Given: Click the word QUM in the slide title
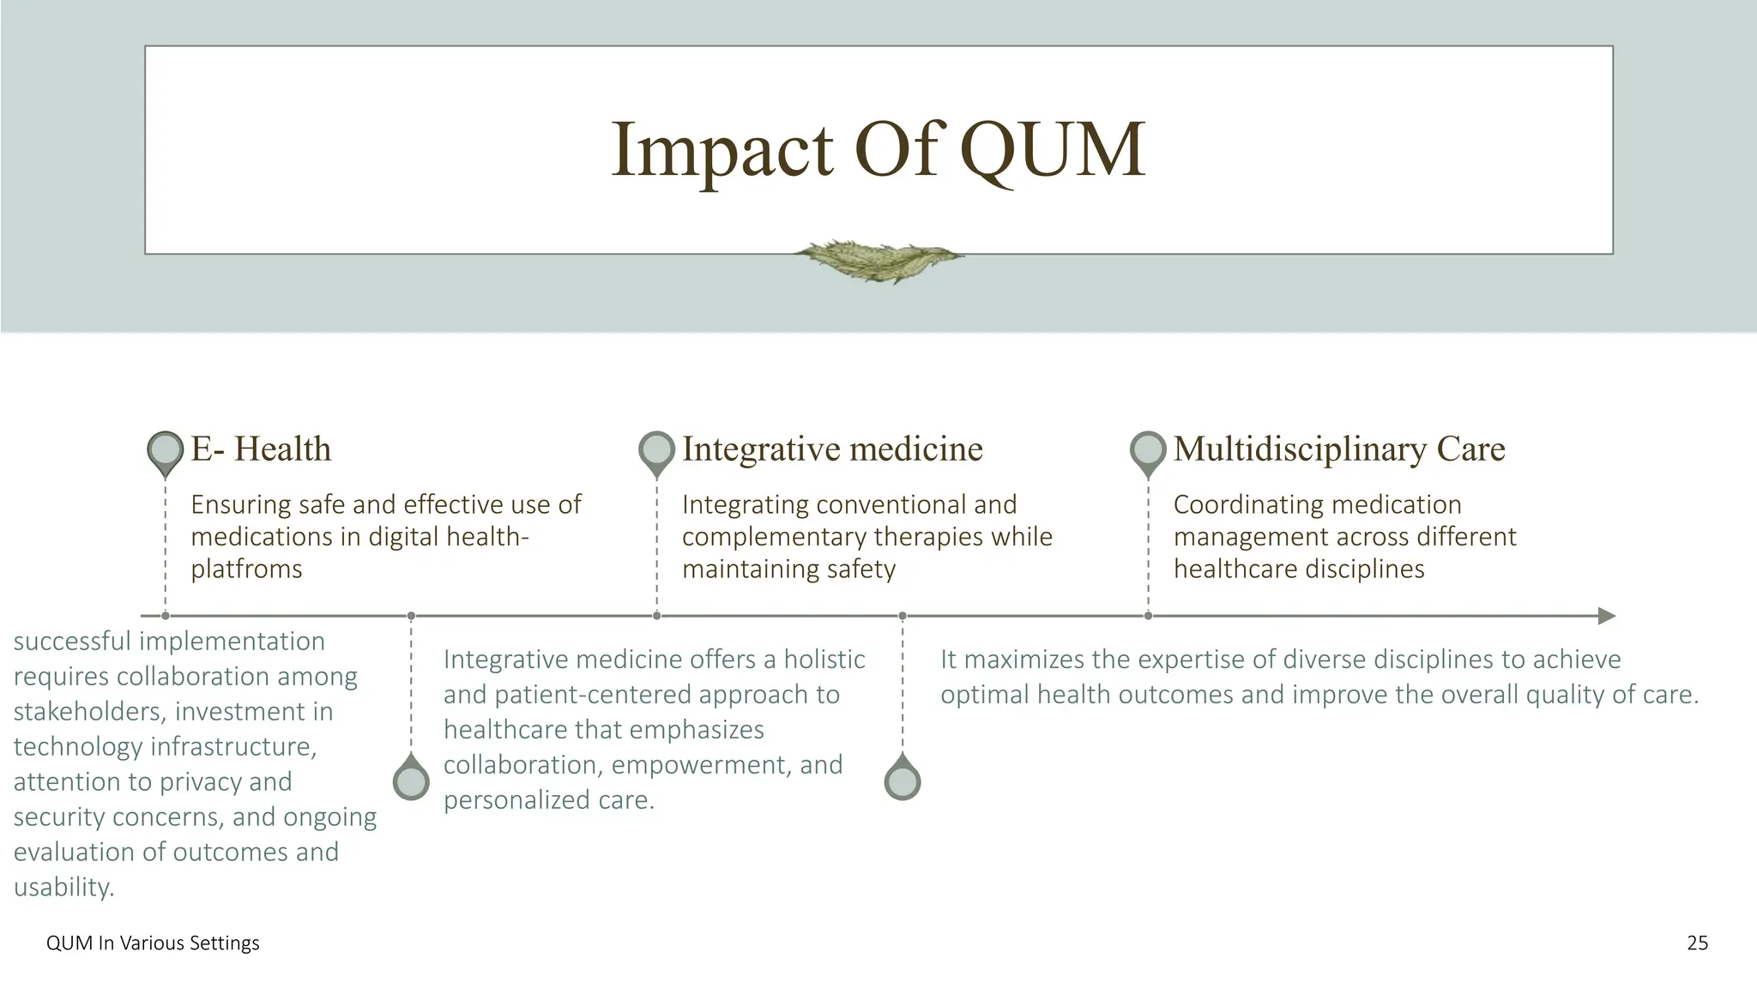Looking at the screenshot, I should click(x=1051, y=150).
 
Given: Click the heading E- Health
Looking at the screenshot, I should click(x=261, y=449).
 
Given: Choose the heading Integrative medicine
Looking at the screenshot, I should click(x=832, y=449).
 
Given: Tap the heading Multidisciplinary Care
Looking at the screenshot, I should click(x=1338, y=449).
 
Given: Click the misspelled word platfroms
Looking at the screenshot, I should click(x=246, y=569).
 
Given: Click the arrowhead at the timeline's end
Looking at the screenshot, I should click(x=1606, y=616).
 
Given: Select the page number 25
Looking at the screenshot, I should click(x=1697, y=943).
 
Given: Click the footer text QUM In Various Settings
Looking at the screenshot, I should click(x=153, y=943).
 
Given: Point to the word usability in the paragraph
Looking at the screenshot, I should click(x=63, y=887).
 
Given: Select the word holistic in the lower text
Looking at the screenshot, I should click(x=824, y=660).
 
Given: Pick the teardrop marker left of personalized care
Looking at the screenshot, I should click(x=411, y=780).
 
